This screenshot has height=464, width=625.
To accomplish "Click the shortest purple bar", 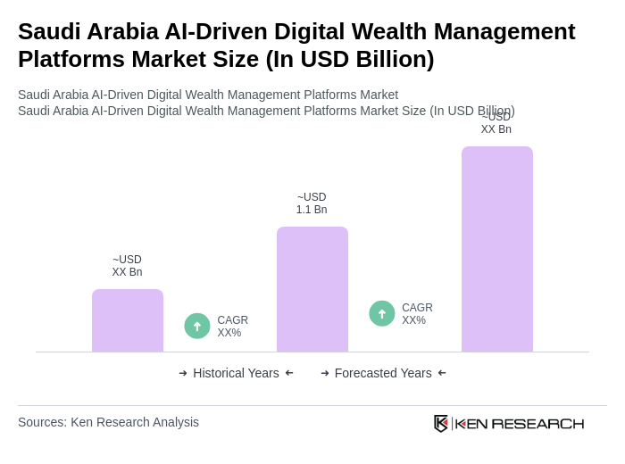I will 128,320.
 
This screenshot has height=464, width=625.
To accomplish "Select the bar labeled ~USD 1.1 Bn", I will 312,289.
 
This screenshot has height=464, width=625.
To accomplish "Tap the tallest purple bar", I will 497,249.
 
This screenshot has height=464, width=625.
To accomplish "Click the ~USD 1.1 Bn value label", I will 312,203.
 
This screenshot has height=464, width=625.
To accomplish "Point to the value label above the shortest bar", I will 127,266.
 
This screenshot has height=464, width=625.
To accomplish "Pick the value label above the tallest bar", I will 496,123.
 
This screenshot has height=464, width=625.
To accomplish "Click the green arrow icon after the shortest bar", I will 197,326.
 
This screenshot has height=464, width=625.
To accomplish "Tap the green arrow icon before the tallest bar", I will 382,313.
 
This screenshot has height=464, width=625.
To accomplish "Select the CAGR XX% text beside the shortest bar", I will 232,327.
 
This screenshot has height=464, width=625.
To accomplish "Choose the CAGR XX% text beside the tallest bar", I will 417,314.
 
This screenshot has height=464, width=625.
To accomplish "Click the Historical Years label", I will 236,373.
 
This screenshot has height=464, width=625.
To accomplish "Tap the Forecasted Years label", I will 383,373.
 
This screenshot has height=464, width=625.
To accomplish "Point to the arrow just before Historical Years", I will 183,373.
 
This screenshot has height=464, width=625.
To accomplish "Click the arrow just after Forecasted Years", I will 442,373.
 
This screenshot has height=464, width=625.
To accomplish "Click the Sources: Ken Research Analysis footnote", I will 108,422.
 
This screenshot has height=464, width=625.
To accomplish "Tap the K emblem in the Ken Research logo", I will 441,423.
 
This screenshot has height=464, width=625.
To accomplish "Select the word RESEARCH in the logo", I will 537,423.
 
